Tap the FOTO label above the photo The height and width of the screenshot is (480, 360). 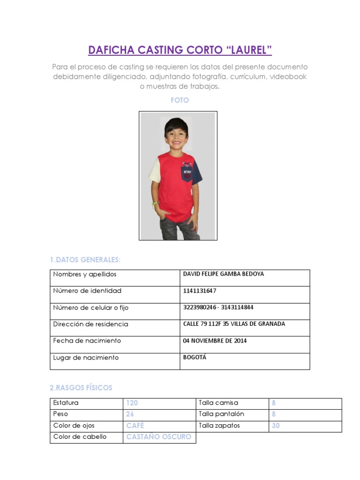pyautogui.click(x=180, y=100)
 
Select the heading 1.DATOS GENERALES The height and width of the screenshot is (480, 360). pyautogui.click(x=85, y=260)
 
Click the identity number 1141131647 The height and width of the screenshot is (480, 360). pyautogui.click(x=200, y=291)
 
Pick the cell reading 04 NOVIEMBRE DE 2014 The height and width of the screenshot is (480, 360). pyautogui.click(x=215, y=341)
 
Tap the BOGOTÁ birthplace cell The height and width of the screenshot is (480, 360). pyautogui.click(x=195, y=357)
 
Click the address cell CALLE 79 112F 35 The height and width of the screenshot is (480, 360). pyautogui.click(x=234, y=324)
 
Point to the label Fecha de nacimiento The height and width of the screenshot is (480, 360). pyautogui.click(x=87, y=341)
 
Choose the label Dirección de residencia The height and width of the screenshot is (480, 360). pyautogui.click(x=90, y=324)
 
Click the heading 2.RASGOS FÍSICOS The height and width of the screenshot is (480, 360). pyautogui.click(x=81, y=388)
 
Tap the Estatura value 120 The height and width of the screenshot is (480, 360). pyautogui.click(x=132, y=403)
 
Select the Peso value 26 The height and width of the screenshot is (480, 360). pyautogui.click(x=130, y=414)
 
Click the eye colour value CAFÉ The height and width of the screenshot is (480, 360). pyautogui.click(x=135, y=426)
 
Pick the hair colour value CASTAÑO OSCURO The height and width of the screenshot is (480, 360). pyautogui.click(x=159, y=437)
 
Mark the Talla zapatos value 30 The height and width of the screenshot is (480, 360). pyautogui.click(x=276, y=426)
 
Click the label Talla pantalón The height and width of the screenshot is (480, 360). pyautogui.click(x=221, y=414)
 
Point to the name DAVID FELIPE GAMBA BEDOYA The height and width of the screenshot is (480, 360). pyautogui.click(x=223, y=274)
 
